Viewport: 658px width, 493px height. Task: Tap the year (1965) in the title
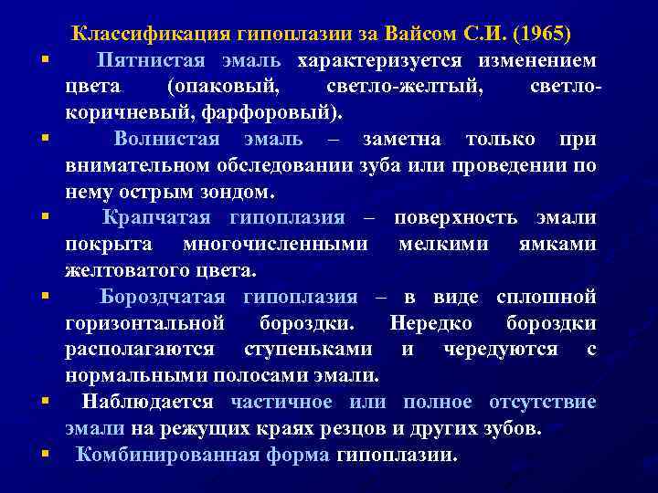pos(541,35)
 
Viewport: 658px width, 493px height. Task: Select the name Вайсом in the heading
pos(409,35)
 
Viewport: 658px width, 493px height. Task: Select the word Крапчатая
pos(156,218)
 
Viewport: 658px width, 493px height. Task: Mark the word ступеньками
pos(308,350)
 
